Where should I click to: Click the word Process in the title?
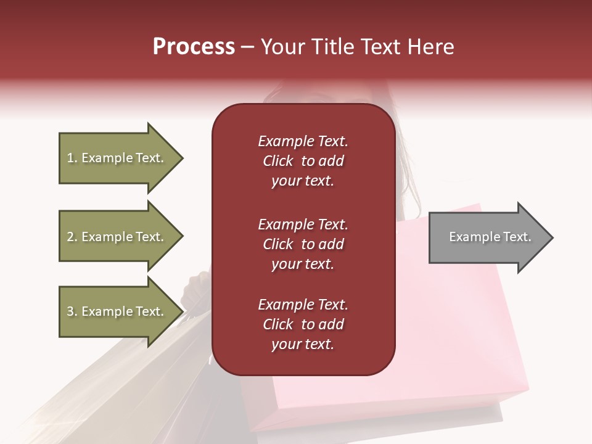point(194,47)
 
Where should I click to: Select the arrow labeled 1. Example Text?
point(117,158)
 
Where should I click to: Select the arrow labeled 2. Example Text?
point(117,237)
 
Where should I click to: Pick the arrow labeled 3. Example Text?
point(117,311)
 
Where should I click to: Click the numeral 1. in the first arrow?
point(72,158)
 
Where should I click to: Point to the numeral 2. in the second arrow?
point(72,237)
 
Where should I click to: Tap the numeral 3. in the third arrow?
point(72,311)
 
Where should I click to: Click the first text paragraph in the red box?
point(303,161)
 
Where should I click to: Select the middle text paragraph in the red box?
point(303,244)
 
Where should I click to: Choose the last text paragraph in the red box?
point(303,324)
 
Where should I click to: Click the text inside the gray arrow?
point(490,237)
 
